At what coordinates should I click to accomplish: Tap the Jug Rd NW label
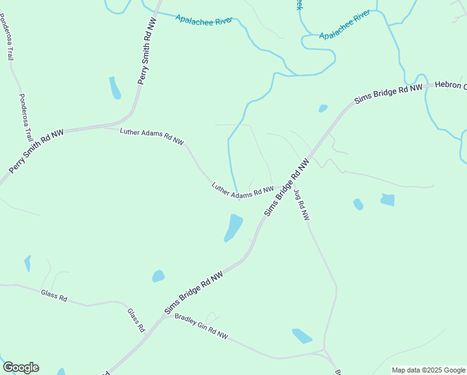tap(302, 205)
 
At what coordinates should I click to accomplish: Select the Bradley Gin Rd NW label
tap(201, 326)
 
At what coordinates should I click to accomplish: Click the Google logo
tap(21, 367)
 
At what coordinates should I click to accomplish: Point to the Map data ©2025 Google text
tap(428, 370)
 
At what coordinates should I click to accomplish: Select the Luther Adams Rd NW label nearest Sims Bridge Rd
tap(242, 191)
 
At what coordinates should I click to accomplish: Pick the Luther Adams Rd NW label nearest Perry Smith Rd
tap(152, 137)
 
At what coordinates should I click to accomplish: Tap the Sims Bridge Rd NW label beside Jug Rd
tap(287, 187)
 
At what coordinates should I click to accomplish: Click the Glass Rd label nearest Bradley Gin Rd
tap(136, 319)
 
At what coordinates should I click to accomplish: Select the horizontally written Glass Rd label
tap(54, 295)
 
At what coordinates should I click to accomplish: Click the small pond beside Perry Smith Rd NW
tap(115, 88)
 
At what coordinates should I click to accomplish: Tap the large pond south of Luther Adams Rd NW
tap(234, 227)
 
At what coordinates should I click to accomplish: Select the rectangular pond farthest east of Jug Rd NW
tap(388, 200)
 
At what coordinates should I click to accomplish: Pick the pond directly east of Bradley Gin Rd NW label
tap(302, 336)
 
